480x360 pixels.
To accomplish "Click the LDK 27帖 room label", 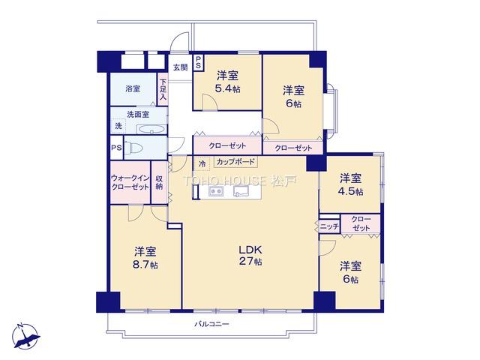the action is click(250, 255).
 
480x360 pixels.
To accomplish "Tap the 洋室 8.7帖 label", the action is click(145, 258).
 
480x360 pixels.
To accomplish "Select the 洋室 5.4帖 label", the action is click(228, 82).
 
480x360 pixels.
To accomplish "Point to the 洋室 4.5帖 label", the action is click(350, 184).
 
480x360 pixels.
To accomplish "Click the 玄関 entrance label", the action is click(181, 67).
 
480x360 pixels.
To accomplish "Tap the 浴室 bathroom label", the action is click(133, 88).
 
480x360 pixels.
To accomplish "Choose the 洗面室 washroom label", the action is click(138, 114).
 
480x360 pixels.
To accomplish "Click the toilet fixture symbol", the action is click(133, 148).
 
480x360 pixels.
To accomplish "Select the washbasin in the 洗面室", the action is click(151, 129).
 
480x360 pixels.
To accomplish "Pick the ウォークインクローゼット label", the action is click(130, 182).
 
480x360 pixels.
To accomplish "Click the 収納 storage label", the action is click(159, 182).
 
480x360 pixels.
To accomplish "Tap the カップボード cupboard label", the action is click(235, 162).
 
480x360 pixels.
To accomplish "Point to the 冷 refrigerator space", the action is click(202, 163).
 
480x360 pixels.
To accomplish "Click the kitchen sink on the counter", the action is click(241, 191).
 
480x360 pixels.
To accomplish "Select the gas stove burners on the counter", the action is click(216, 191).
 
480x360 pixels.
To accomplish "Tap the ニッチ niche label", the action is click(330, 226).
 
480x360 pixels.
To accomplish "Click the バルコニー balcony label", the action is click(211, 324).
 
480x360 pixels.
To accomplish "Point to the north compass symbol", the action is click(26, 336).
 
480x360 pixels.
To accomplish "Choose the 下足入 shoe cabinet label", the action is click(163, 90).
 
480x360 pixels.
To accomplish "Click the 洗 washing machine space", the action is click(118, 125).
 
